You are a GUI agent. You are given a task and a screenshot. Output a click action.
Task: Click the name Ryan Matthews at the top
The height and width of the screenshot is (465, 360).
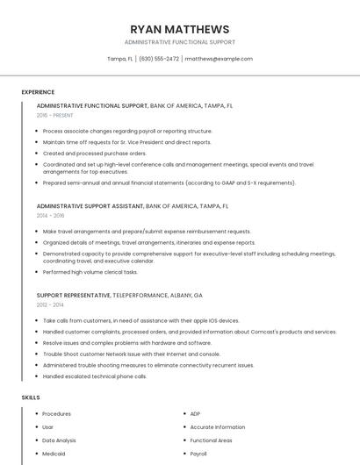[x=179, y=29]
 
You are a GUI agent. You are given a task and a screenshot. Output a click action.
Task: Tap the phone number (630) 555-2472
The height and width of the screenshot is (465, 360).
[x=159, y=59]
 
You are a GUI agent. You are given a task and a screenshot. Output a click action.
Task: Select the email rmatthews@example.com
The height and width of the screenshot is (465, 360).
[x=219, y=59]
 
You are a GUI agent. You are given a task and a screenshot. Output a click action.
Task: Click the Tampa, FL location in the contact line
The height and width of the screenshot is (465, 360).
[x=119, y=59]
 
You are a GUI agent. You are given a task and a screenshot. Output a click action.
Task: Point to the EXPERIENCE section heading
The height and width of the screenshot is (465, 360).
[x=38, y=92]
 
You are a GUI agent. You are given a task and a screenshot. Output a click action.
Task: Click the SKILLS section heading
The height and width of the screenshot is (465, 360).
[x=31, y=397]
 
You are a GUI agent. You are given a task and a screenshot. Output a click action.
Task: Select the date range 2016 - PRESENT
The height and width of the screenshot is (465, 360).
[x=55, y=115]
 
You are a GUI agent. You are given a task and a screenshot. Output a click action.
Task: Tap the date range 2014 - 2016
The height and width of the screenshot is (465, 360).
[x=50, y=215]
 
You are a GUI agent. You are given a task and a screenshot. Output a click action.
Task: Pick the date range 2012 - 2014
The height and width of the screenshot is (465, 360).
[x=50, y=304]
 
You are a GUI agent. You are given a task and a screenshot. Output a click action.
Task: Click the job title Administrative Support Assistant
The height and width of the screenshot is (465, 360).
[x=90, y=206]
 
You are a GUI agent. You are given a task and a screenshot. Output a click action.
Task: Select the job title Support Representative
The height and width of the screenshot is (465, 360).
[x=74, y=296]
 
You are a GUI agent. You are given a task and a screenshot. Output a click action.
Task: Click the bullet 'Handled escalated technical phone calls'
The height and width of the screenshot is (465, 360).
[x=94, y=376]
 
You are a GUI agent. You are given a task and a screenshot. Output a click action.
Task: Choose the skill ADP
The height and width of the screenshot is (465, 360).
[x=195, y=413]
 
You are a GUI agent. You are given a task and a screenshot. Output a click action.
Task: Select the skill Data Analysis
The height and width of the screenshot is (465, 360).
[x=59, y=440]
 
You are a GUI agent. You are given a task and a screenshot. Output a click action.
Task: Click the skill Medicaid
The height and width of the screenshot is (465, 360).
[x=54, y=454]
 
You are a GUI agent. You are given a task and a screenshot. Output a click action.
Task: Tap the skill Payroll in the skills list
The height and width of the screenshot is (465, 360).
[x=198, y=454]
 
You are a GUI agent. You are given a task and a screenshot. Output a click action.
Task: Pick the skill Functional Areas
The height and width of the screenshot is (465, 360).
[x=211, y=440]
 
